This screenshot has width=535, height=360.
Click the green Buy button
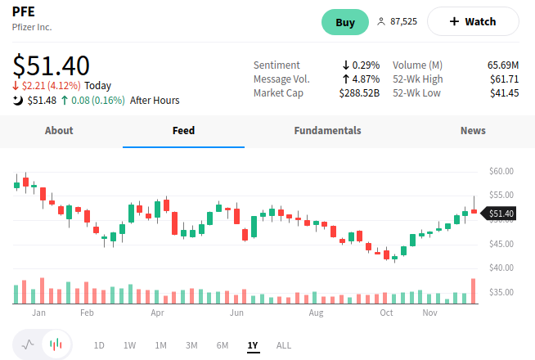click(x=345, y=22)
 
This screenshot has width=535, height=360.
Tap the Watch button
click(x=473, y=22)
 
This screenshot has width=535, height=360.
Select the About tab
click(x=59, y=131)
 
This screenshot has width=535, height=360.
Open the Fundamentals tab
click(x=327, y=131)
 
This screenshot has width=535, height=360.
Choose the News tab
click(x=473, y=131)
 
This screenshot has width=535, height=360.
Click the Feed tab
click(x=183, y=131)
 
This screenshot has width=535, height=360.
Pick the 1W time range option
click(x=129, y=345)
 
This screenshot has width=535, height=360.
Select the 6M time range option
click(x=222, y=345)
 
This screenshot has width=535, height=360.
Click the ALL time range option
click(x=284, y=345)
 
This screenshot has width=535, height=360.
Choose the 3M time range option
click(x=191, y=345)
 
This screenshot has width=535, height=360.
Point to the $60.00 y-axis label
click(x=501, y=171)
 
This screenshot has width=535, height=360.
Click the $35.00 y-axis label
click(x=501, y=292)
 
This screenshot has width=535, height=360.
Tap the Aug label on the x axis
click(x=316, y=313)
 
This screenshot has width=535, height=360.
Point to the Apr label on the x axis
click(x=158, y=313)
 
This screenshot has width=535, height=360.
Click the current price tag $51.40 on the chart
click(x=500, y=214)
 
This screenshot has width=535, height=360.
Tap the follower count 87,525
click(x=403, y=22)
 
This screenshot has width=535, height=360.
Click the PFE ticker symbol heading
click(x=24, y=11)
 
